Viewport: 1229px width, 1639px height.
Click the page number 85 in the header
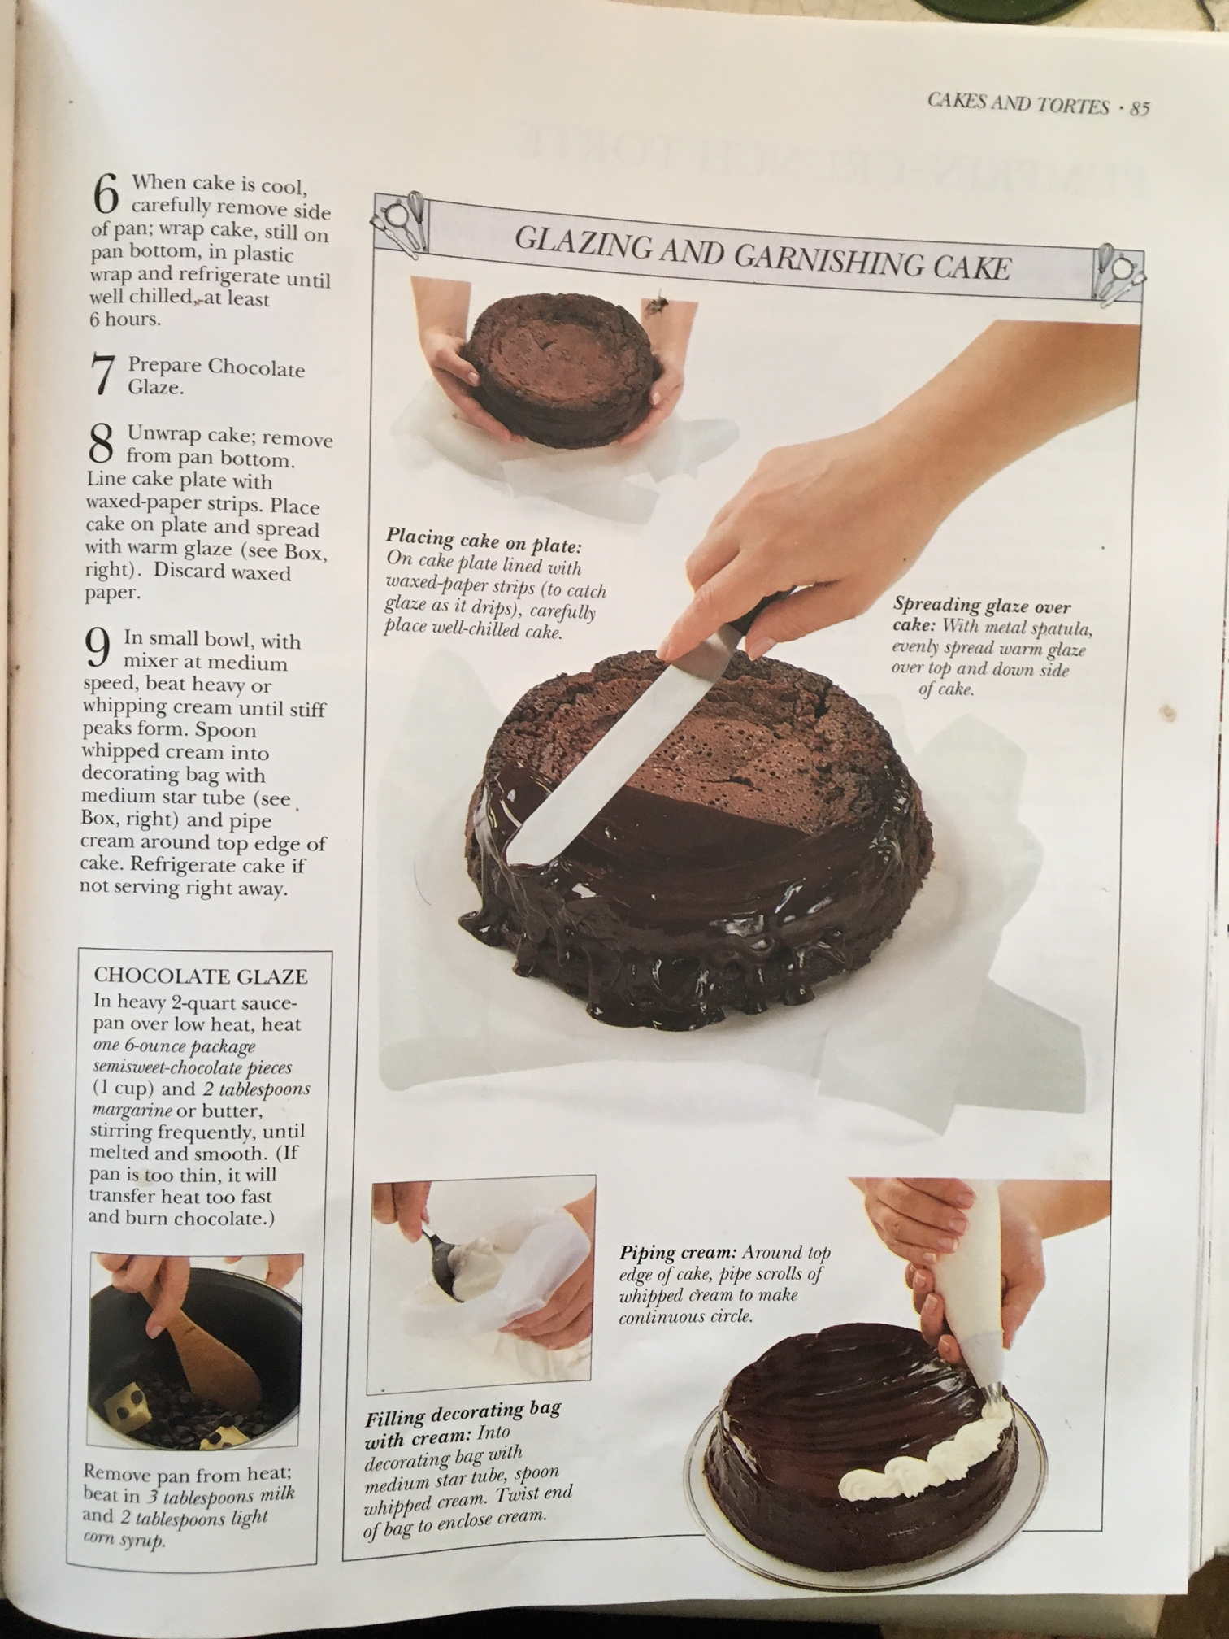(1137, 107)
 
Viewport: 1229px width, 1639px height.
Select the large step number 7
(102, 376)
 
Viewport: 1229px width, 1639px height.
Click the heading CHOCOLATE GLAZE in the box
(201, 976)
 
